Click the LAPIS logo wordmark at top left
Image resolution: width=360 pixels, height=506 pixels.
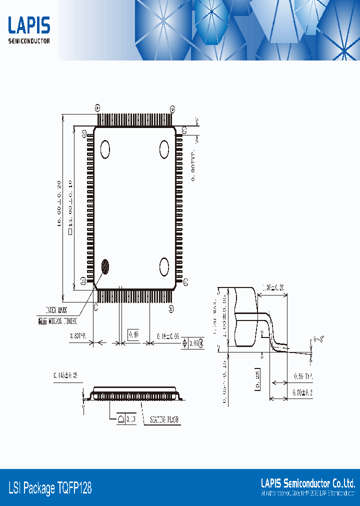point(29,25)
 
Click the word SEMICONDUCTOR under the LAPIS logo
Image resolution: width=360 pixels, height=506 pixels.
point(29,41)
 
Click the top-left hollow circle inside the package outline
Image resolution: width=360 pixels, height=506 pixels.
point(105,149)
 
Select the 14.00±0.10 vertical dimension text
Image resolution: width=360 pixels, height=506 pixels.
point(70,205)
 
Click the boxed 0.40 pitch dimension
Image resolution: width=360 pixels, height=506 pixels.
point(133,333)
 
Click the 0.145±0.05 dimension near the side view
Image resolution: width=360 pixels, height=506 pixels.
point(65,375)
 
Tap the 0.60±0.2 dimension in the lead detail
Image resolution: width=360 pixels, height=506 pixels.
point(302,393)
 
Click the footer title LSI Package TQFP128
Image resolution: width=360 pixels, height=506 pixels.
point(50,488)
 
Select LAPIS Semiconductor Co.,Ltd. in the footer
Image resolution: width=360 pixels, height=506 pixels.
point(308,483)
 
